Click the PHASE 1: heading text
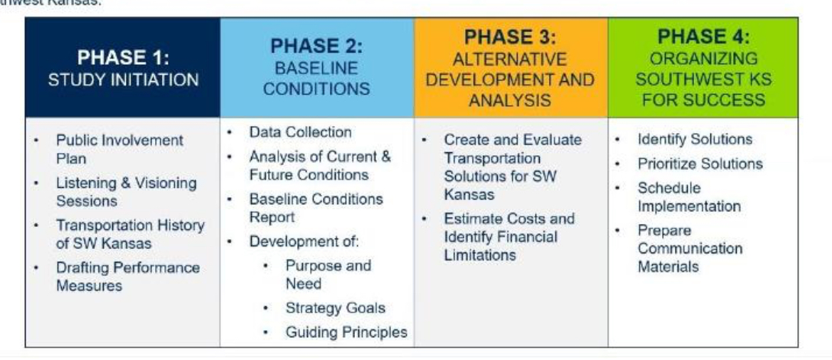point(123,57)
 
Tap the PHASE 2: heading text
point(316,46)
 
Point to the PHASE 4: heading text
point(703,37)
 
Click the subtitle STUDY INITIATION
point(123,80)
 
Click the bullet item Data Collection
point(300,132)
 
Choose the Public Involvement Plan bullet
point(119,149)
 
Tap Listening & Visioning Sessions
point(127,191)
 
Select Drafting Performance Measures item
point(128,276)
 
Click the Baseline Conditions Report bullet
point(316,208)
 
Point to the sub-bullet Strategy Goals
point(336,308)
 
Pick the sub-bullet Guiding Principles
point(346,332)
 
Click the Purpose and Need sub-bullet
point(329,274)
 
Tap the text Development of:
point(304,242)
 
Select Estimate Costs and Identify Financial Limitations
point(509,237)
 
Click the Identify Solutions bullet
point(695,139)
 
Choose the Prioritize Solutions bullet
point(700,164)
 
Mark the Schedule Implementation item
point(689,197)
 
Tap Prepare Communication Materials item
point(690,248)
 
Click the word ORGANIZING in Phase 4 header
point(703,58)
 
